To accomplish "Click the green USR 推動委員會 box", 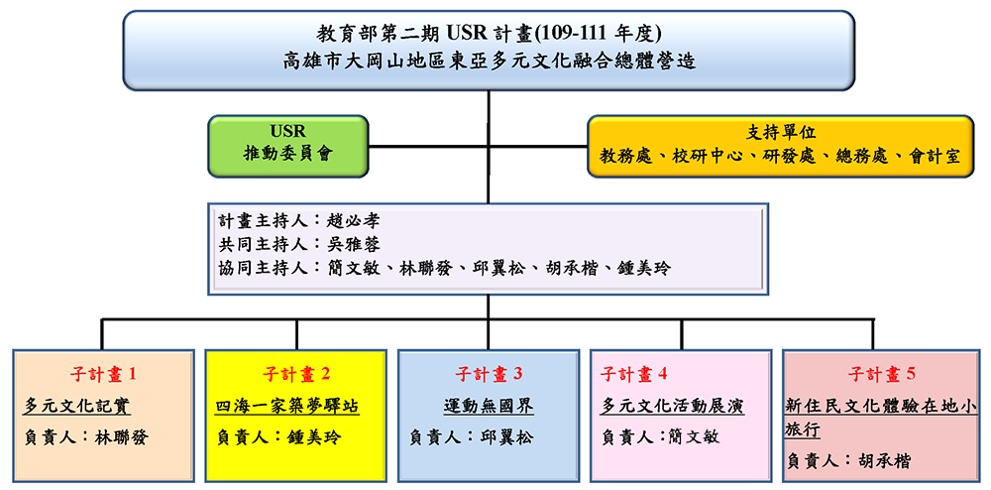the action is coord(288,146).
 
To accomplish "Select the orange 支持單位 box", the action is coord(781,146).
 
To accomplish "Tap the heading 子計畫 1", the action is coord(102,374).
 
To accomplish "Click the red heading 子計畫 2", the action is coord(295,374).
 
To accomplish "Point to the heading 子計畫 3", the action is coord(489,374).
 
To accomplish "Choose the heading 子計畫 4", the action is coord(634,374).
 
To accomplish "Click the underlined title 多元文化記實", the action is coord(77,406).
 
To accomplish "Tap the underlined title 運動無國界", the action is coord(489,406).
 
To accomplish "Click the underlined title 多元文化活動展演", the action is coord(673,406).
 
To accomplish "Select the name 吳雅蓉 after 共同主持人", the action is coord(354,244).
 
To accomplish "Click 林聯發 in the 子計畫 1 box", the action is coord(121,436).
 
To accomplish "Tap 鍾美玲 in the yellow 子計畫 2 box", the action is coord(314,436).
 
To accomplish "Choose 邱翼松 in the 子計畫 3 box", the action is coord(506,436).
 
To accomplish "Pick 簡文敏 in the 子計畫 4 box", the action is coord(693,436).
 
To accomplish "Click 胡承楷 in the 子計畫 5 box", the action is coord(885,461).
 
